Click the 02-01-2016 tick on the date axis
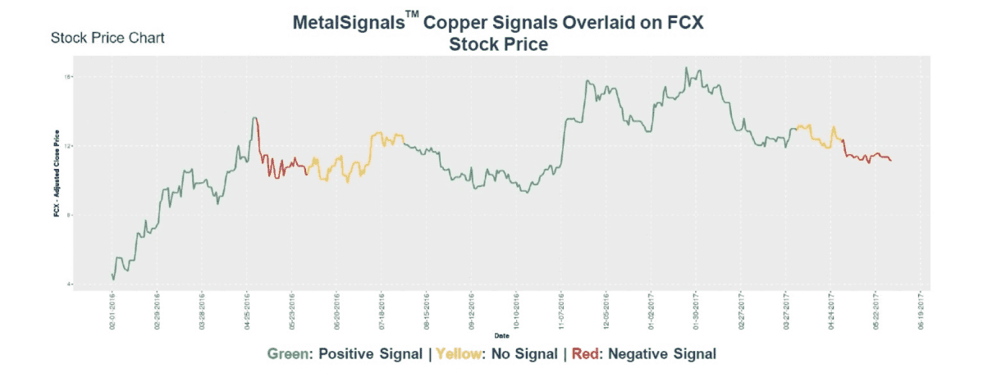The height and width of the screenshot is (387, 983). [112, 312]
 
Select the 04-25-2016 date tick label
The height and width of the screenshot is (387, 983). [249, 312]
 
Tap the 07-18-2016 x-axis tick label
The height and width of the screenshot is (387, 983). [382, 312]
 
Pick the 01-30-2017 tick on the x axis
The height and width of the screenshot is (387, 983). [695, 312]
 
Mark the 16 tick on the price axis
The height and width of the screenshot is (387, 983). [70, 77]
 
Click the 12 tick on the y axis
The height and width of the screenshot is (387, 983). [70, 146]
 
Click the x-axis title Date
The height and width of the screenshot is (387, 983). [500, 336]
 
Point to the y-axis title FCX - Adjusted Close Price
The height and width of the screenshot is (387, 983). [56, 180]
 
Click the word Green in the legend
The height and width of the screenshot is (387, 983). [288, 354]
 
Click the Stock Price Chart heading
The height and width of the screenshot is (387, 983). [107, 38]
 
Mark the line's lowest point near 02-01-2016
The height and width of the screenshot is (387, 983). [113, 280]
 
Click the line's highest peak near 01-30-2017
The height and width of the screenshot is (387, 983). [687, 68]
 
